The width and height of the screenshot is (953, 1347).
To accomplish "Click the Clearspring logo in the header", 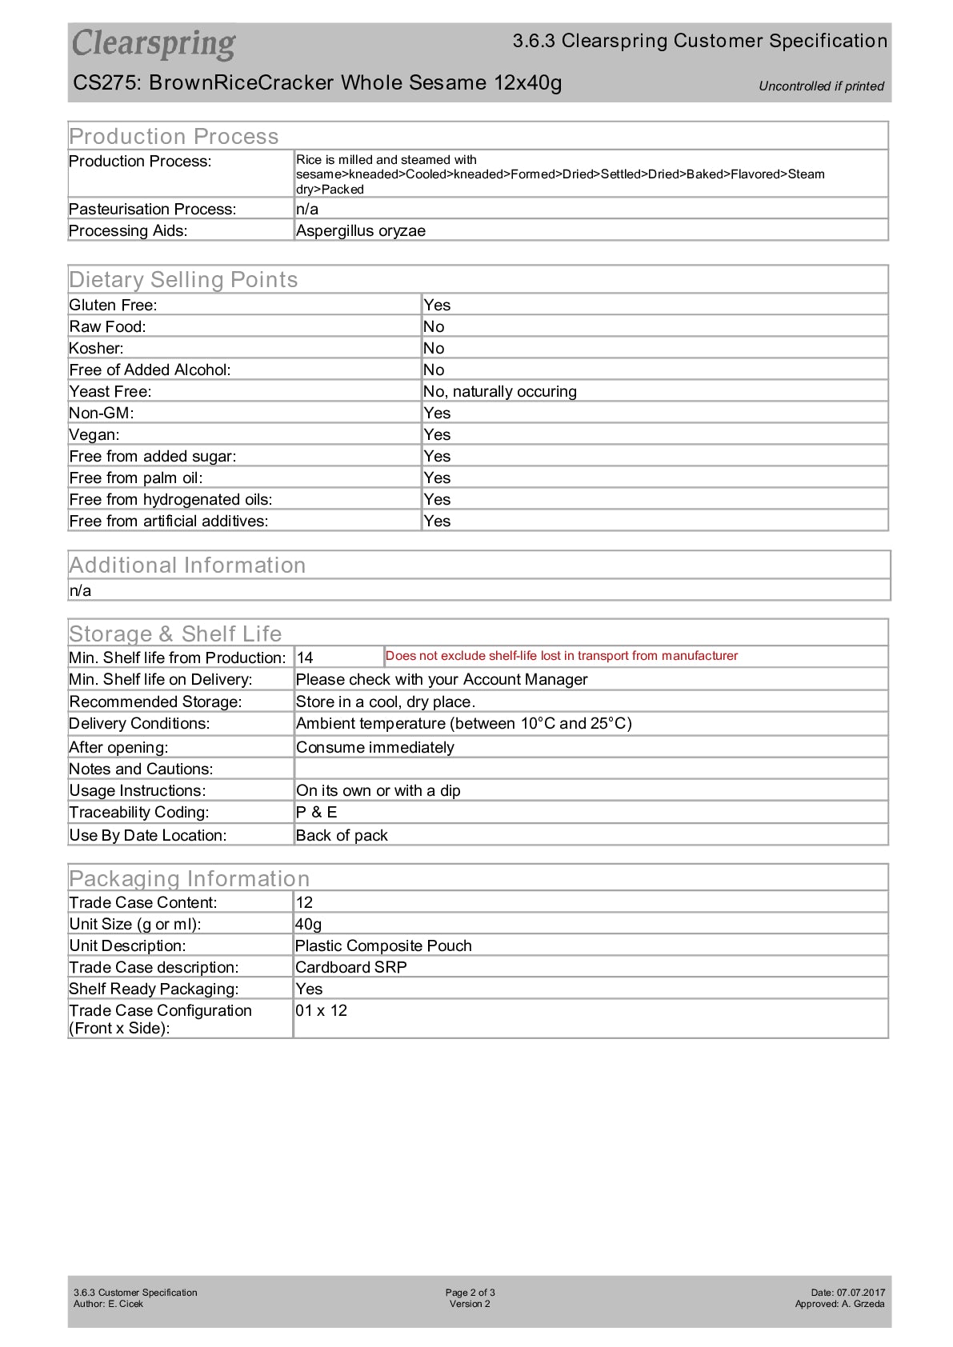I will (x=154, y=44).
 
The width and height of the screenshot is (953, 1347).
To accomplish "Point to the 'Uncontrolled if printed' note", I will (x=821, y=86).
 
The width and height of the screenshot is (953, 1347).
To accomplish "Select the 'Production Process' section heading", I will (x=174, y=136).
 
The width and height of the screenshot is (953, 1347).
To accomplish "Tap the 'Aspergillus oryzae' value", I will (x=360, y=231).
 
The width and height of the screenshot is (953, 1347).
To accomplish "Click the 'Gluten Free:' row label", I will (x=113, y=306).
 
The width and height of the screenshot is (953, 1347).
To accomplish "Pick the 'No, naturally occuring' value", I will (x=499, y=392).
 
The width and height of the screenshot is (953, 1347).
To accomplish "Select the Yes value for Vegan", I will (x=437, y=435).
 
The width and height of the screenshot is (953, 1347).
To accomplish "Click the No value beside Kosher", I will (x=434, y=349).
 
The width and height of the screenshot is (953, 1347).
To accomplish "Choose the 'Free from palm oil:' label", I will (x=136, y=478).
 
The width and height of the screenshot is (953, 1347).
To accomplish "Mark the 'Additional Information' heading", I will (x=187, y=566).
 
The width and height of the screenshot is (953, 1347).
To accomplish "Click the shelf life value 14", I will (x=305, y=658).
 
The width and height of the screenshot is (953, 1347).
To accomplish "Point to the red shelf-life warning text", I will (x=561, y=656).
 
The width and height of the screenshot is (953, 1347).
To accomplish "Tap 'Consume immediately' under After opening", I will (x=374, y=748).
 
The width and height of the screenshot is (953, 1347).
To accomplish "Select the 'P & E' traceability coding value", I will (x=316, y=813).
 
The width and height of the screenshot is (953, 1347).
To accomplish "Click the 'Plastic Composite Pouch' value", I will (x=383, y=946).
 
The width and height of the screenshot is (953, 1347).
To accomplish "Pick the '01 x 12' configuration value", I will (x=321, y=1011).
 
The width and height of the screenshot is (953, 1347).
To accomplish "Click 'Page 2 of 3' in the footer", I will (x=470, y=1293).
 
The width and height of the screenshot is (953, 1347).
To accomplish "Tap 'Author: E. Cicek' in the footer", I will (x=108, y=1304).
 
